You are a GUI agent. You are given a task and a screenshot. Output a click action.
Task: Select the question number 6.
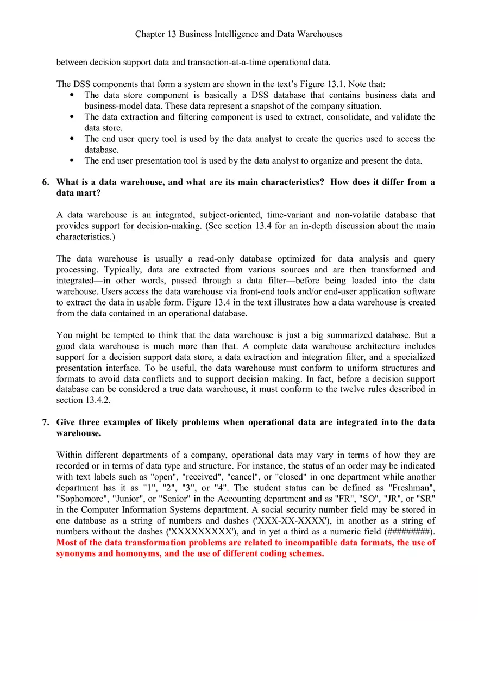coord(45,182)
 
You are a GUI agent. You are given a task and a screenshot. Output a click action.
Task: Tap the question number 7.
coord(45,422)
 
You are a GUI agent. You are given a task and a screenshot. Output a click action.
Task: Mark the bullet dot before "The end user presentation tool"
coord(72,160)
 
